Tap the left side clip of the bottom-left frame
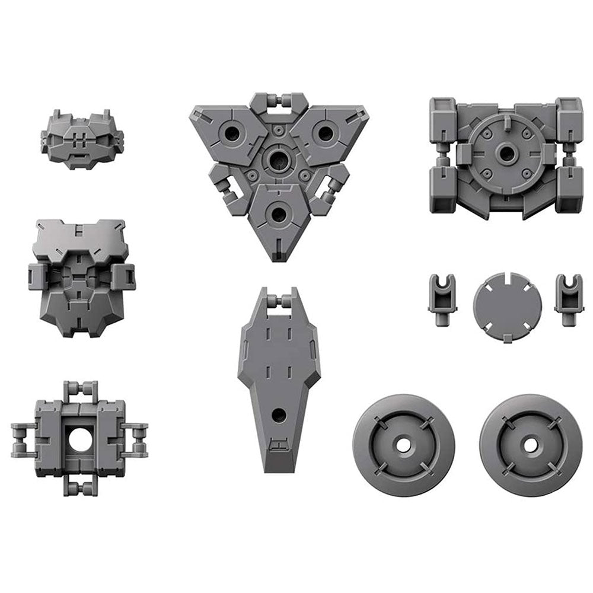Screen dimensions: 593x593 [23, 439]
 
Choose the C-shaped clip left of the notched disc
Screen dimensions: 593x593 [441, 298]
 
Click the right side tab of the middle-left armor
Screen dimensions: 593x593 [122, 275]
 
